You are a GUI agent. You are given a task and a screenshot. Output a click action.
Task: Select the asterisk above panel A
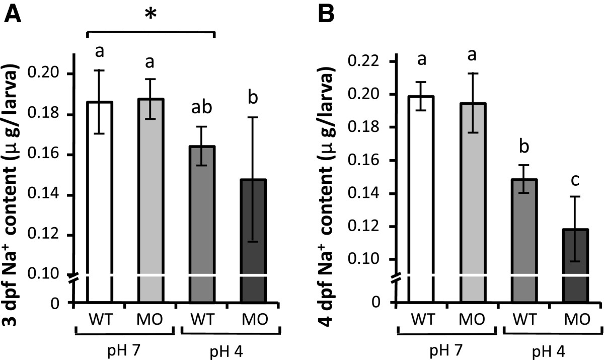(149, 15)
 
